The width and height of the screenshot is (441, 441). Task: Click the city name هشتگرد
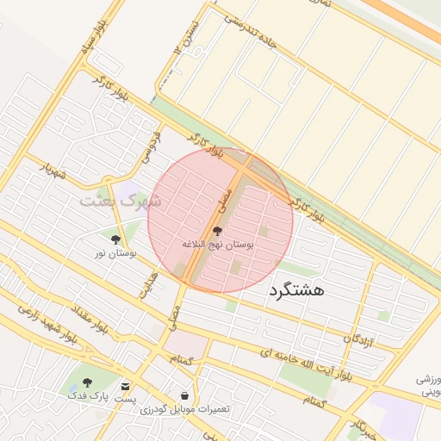point(296,290)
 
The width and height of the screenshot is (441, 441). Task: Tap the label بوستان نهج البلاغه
point(217,245)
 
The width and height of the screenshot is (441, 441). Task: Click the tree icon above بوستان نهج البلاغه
point(216,232)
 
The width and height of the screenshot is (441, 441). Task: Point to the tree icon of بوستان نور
point(115,239)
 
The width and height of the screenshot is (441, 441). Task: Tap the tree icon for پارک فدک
point(86,382)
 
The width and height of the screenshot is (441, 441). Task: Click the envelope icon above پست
point(127,387)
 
